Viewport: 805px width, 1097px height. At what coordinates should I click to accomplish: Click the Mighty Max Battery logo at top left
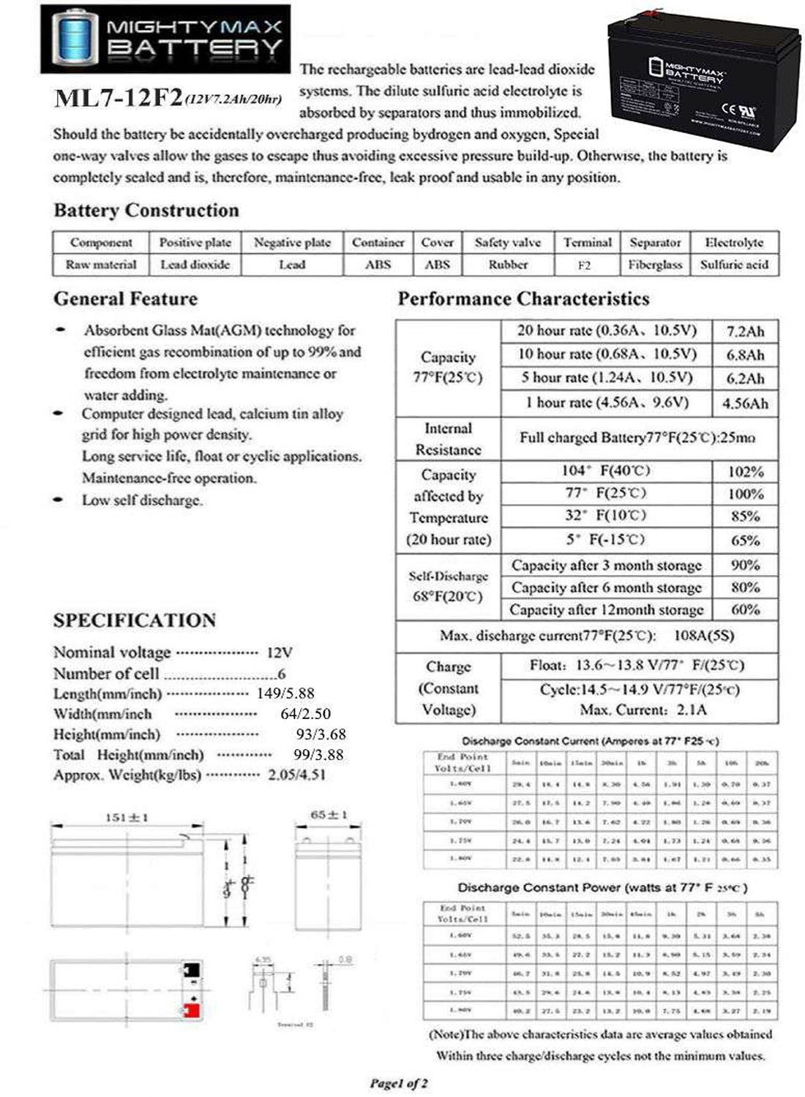[165, 39]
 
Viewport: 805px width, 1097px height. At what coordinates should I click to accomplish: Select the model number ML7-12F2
[118, 98]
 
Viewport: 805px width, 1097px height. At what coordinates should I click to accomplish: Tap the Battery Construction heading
[146, 211]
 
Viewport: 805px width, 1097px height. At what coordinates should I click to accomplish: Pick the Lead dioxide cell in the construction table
[195, 265]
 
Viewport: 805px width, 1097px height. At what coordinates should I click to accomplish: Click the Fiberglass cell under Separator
[655, 265]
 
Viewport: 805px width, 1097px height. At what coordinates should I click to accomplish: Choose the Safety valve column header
[508, 243]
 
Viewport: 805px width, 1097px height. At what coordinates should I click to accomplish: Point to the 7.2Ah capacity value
[745, 331]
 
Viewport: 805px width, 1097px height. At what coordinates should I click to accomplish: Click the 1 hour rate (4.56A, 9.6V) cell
[607, 402]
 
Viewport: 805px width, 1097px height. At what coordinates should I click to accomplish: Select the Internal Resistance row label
[448, 439]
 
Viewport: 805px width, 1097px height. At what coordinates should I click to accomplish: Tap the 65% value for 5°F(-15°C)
[745, 540]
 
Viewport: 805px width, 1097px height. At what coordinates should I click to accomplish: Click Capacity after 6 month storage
[606, 587]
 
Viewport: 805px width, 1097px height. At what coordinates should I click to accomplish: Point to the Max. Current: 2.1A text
[643, 709]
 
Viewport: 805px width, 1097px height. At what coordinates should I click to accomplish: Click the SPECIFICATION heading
[135, 620]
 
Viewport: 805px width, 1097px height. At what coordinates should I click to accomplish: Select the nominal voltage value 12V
[280, 652]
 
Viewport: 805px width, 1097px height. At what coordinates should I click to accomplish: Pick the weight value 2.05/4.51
[296, 774]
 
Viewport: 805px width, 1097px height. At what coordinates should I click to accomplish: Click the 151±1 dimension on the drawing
[127, 817]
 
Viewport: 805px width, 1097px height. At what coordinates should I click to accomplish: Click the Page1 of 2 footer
[399, 1083]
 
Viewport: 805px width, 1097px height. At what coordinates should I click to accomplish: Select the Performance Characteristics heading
[523, 299]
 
